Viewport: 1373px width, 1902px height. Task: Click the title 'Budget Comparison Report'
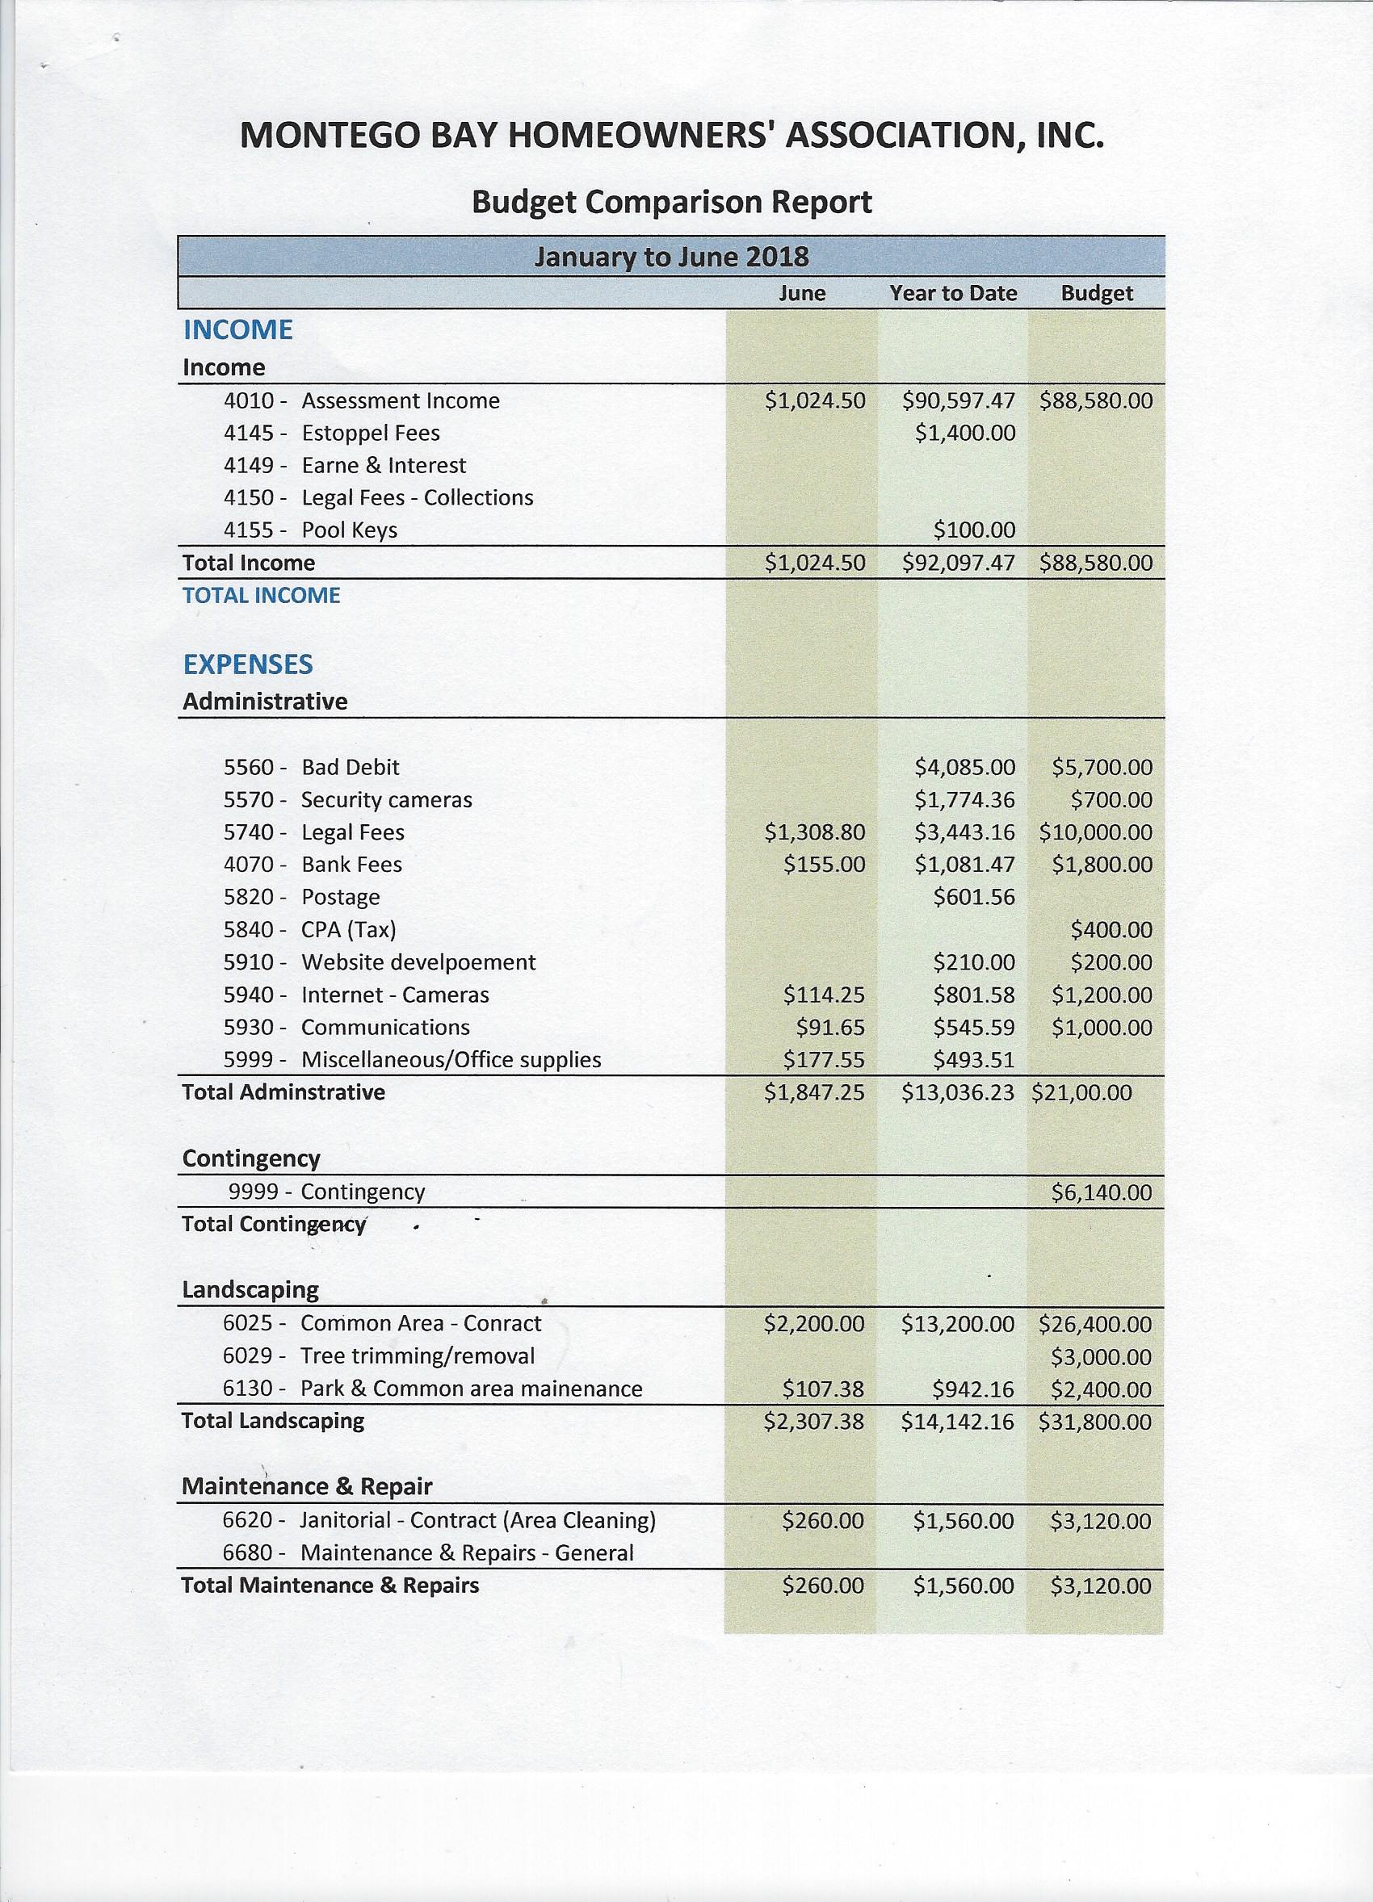[671, 202]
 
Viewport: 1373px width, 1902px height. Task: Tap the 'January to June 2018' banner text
[671, 256]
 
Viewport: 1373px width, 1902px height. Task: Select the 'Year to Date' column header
[953, 293]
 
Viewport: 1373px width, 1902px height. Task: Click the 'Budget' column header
[1096, 293]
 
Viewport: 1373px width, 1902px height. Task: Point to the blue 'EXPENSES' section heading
[247, 664]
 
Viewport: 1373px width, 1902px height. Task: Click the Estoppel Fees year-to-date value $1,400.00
[964, 433]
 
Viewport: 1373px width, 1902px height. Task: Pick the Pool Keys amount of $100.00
[974, 530]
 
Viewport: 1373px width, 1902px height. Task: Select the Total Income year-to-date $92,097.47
[958, 563]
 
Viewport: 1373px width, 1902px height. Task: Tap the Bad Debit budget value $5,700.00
[1102, 768]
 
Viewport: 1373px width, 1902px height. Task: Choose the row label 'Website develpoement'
[418, 962]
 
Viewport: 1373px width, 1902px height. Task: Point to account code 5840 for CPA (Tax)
[248, 929]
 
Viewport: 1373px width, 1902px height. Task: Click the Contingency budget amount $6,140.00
[1102, 1192]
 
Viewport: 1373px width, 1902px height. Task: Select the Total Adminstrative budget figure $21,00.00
[1081, 1092]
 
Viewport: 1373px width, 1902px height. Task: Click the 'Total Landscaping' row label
[273, 1421]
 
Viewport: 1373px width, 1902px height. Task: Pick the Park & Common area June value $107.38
[822, 1389]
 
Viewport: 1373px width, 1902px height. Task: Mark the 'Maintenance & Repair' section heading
[307, 1486]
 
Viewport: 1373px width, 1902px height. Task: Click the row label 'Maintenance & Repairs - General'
[466, 1552]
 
